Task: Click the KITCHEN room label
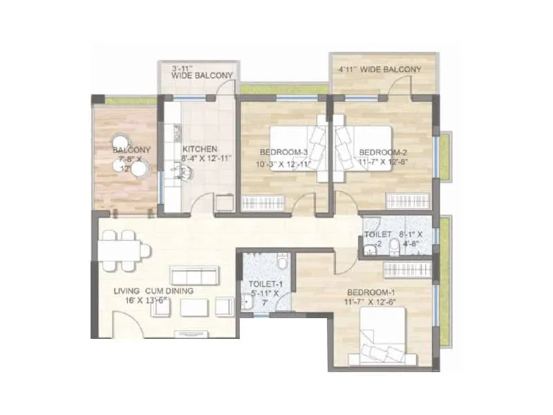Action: [x=200, y=149]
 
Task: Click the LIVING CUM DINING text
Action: [x=153, y=291]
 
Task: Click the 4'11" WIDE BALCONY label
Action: [x=379, y=70]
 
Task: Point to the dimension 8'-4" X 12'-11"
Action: [x=207, y=158]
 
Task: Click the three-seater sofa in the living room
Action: [x=195, y=277]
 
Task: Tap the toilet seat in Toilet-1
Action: [x=283, y=262]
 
